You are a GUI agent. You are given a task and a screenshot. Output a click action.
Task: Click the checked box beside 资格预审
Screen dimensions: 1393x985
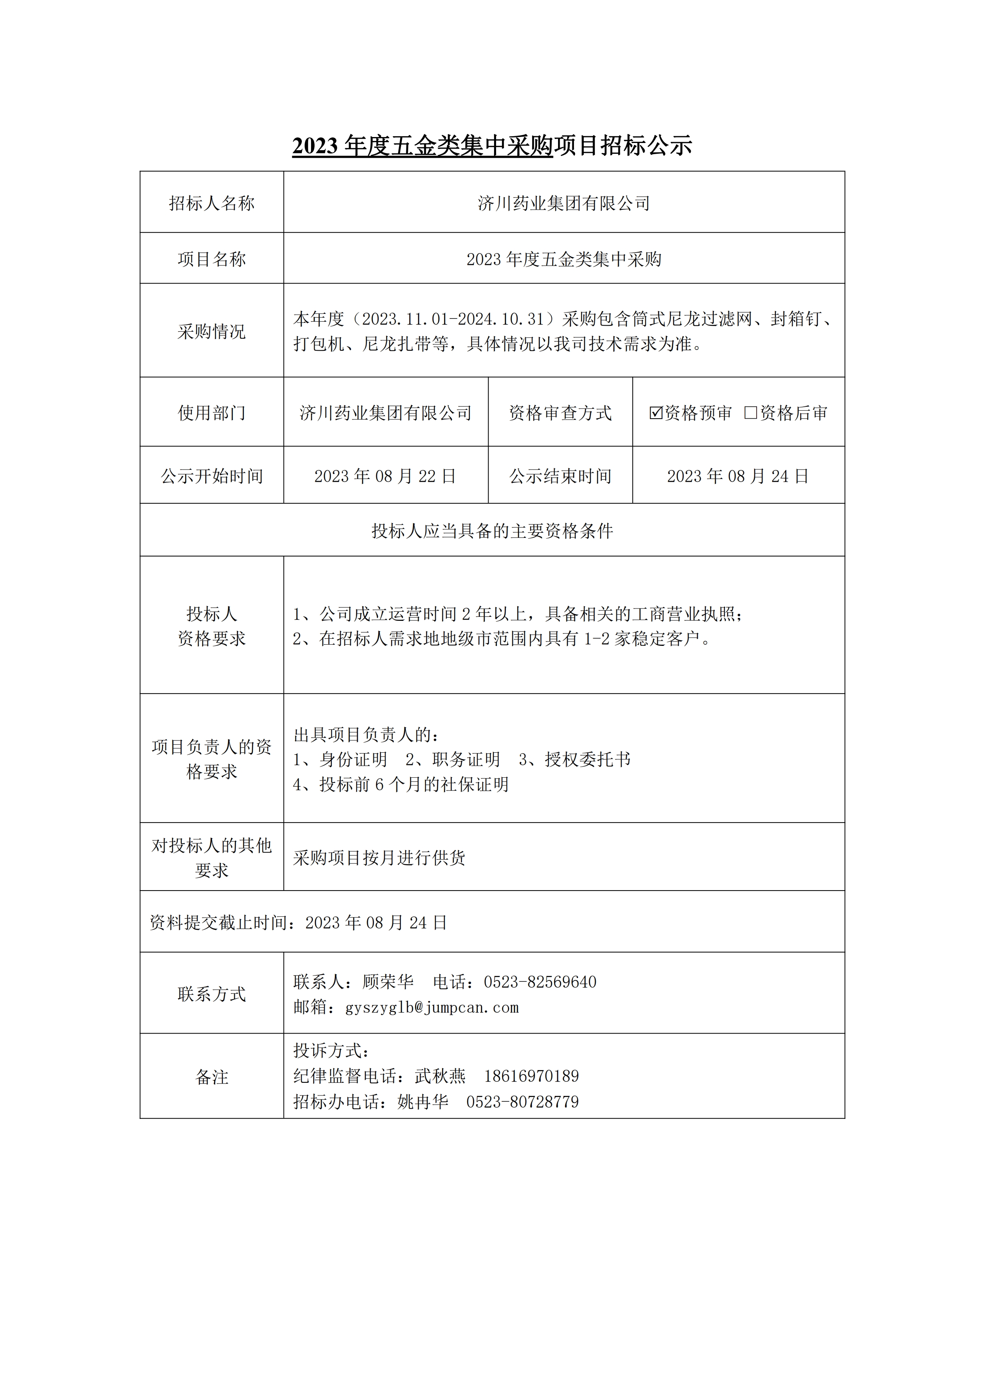click(656, 413)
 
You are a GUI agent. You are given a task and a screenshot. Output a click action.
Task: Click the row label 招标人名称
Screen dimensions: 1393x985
click(212, 203)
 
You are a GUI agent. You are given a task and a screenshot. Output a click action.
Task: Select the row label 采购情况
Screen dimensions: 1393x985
click(212, 331)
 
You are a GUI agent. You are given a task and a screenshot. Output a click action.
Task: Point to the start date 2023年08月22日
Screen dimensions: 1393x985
click(385, 476)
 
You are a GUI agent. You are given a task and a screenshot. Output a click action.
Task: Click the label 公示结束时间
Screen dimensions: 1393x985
click(560, 476)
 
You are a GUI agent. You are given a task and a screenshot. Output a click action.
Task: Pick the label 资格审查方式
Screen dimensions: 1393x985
click(560, 413)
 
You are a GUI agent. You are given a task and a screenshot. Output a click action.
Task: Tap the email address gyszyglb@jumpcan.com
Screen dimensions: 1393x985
click(432, 1008)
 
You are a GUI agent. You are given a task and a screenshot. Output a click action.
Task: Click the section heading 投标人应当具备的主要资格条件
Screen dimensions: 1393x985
click(492, 531)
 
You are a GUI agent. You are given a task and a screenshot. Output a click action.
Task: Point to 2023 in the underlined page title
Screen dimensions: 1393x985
click(315, 146)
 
